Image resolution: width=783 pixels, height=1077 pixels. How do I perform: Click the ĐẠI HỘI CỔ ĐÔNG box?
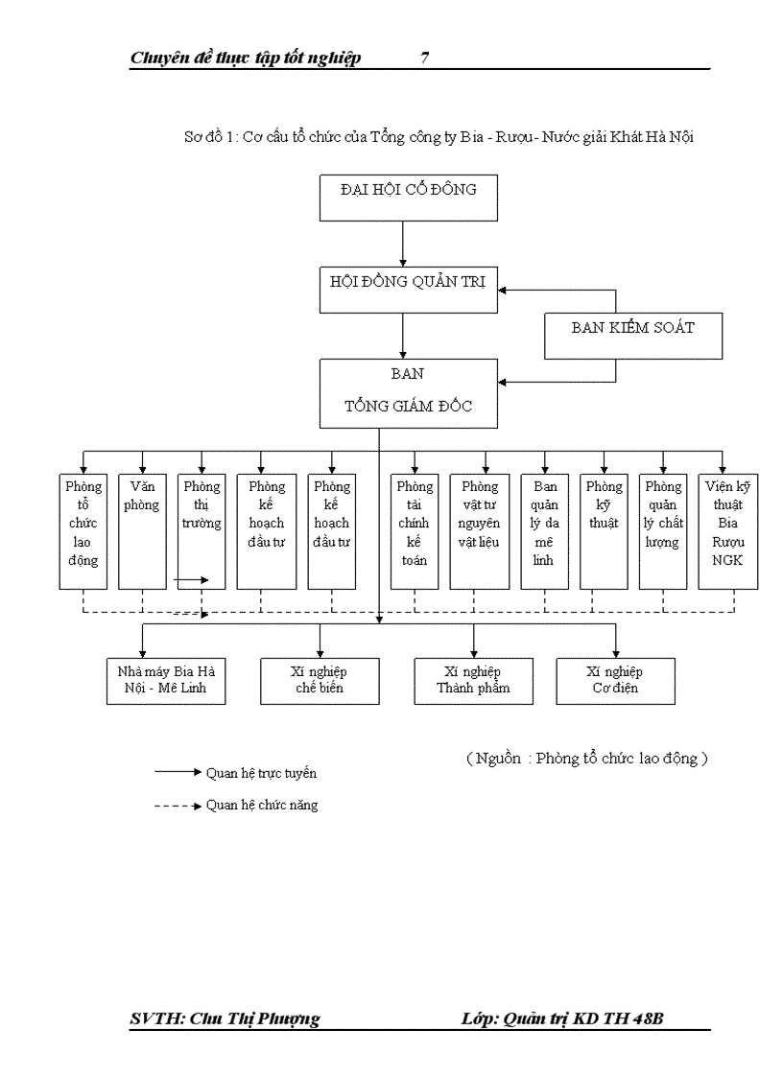click(x=408, y=197)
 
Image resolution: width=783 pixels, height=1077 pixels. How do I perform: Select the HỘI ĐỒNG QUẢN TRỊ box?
click(x=408, y=289)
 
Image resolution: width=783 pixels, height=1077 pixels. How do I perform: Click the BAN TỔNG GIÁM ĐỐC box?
click(x=408, y=392)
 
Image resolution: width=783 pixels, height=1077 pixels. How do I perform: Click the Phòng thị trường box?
click(x=202, y=523)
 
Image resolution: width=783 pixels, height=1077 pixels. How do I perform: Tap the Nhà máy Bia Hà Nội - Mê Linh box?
click(x=166, y=680)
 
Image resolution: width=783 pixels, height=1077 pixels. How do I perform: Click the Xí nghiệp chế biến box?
click(x=320, y=680)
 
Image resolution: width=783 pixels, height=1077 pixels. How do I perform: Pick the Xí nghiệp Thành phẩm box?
click(x=473, y=680)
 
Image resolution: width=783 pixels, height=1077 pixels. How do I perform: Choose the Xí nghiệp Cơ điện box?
click(x=615, y=680)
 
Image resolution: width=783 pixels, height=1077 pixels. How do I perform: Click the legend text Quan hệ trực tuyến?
click(x=261, y=772)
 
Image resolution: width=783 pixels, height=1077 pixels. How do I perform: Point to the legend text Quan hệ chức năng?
click(x=261, y=805)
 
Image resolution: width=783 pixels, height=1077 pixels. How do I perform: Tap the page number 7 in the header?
click(x=424, y=59)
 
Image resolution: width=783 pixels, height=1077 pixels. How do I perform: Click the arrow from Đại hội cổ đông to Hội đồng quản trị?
click(x=403, y=244)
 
